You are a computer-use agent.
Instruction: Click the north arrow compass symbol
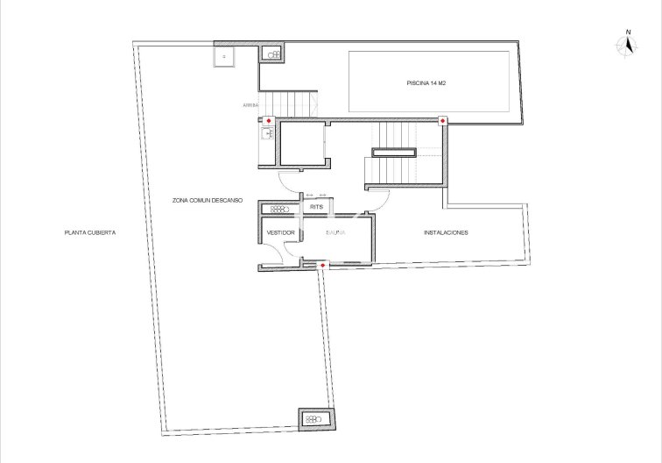point(627,47)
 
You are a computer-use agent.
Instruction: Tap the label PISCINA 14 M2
point(427,83)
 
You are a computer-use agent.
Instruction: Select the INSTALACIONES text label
point(446,232)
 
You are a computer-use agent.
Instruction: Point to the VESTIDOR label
point(281,232)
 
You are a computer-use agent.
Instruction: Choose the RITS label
point(317,207)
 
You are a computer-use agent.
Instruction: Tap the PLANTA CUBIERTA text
point(90,232)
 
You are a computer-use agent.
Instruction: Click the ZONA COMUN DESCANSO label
point(208,201)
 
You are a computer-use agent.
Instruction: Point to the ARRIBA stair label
point(251,106)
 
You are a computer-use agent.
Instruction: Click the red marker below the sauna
point(323,265)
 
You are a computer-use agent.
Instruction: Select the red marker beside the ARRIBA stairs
point(269,120)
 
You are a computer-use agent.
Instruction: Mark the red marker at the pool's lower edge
point(442,120)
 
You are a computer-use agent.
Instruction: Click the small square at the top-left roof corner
point(224,55)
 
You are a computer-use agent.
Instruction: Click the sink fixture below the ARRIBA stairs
point(268,134)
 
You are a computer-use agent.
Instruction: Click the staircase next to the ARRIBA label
point(291,104)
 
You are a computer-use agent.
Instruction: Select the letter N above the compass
point(628,32)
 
